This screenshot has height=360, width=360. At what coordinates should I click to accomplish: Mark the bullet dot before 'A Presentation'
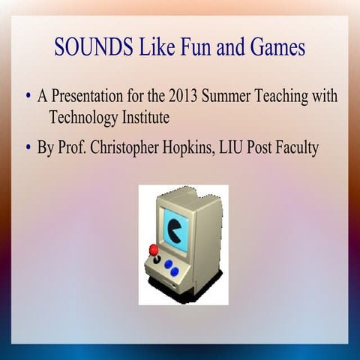click(x=27, y=97)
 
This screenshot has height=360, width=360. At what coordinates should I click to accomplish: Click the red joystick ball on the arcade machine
click(x=154, y=249)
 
